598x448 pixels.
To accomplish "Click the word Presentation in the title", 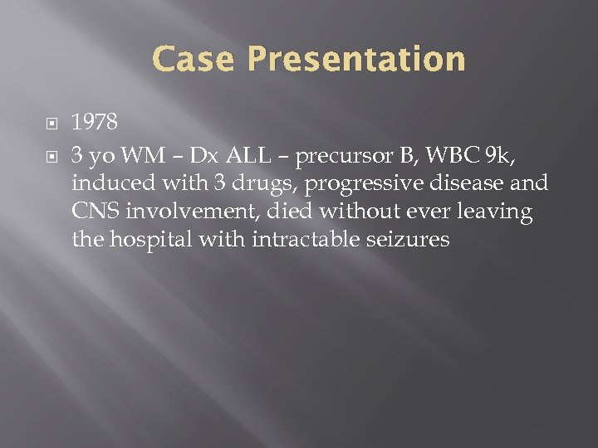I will (356, 60).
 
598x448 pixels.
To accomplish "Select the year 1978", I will (95, 123).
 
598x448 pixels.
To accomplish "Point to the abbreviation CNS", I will (96, 212).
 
